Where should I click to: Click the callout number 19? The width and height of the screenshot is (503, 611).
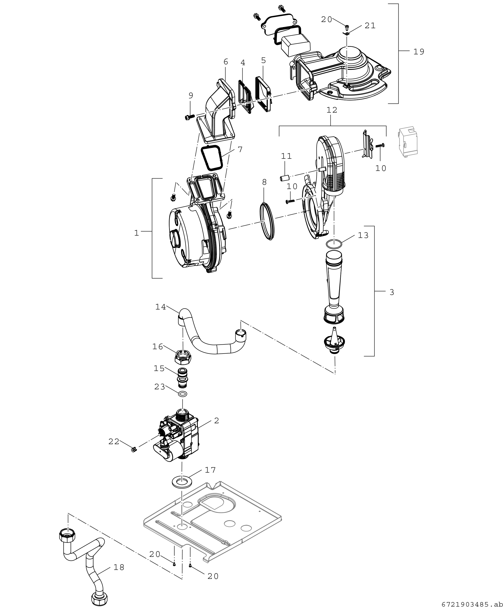419,52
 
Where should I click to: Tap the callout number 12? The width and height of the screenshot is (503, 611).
332,110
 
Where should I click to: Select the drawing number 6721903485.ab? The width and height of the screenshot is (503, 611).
472,605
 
